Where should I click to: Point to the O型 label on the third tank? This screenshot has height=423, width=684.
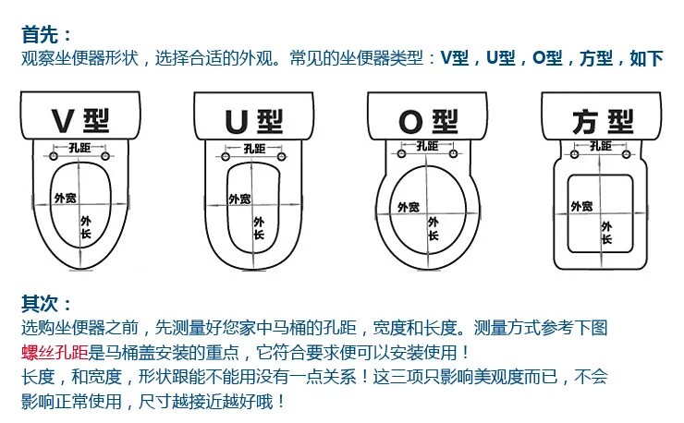pos(427,121)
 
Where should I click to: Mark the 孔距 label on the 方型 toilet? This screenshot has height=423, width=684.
pos(599,145)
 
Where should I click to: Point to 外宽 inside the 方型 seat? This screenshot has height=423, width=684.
pos(580,206)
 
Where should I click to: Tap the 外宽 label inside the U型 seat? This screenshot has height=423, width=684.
pos(238,199)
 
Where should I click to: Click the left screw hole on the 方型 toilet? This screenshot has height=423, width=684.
pos(571,155)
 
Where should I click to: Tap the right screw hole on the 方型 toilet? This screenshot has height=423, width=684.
pos(629,155)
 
